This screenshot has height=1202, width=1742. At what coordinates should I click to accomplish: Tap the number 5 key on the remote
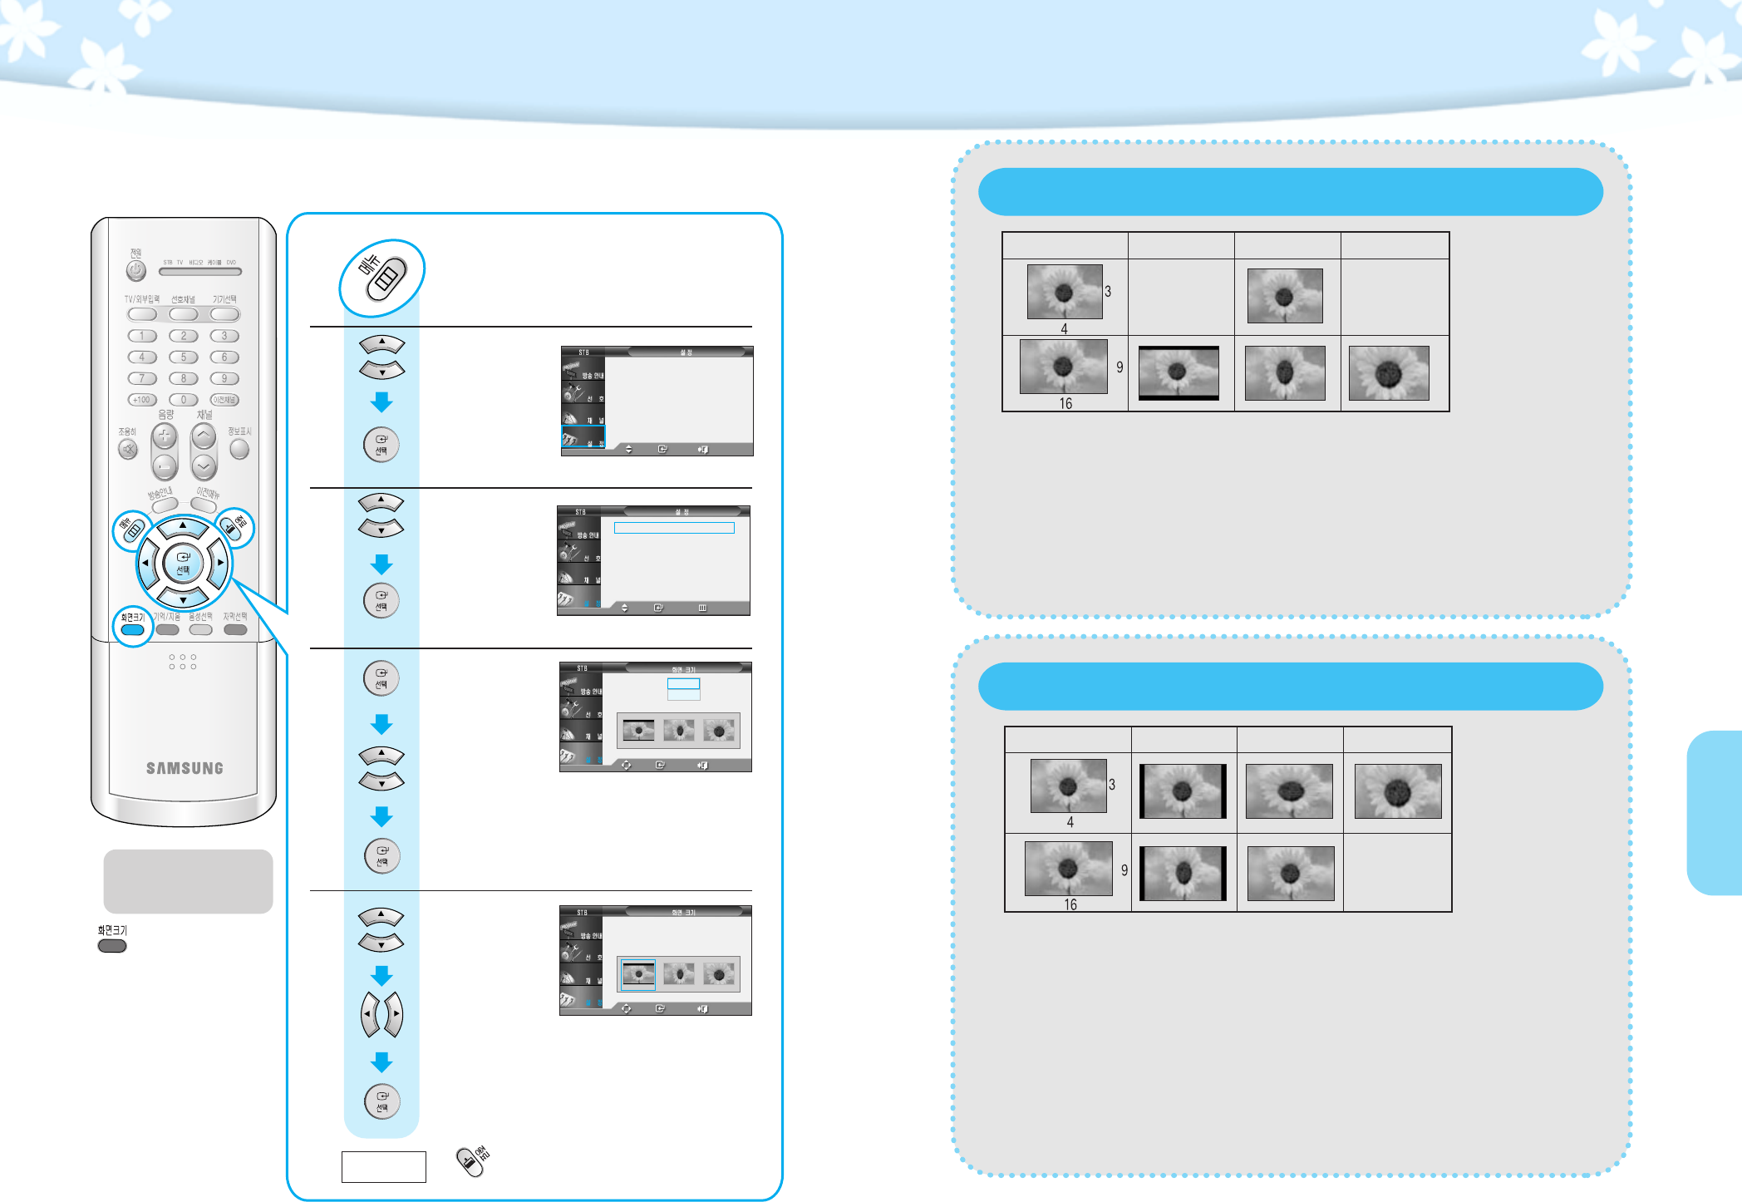pyautogui.click(x=184, y=357)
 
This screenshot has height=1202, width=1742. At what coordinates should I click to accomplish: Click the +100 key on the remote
pyautogui.click(x=142, y=400)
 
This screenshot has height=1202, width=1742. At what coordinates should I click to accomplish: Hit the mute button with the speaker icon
pyautogui.click(x=128, y=450)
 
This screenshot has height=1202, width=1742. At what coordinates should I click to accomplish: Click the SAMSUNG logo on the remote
pyautogui.click(x=185, y=768)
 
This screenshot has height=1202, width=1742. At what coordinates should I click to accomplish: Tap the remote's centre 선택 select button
pyautogui.click(x=183, y=563)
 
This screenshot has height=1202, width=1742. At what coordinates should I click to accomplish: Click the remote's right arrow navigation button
pyautogui.click(x=219, y=562)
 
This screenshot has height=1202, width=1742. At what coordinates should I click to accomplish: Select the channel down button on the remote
pyautogui.click(x=204, y=466)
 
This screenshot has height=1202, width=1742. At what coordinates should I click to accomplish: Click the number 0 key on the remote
pyautogui.click(x=184, y=400)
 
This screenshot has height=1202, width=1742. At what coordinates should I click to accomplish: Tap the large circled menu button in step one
pyautogui.click(x=382, y=278)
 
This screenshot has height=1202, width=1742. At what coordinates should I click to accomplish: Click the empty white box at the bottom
pyautogui.click(x=383, y=1166)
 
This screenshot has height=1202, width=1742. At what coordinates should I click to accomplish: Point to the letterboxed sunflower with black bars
pyautogui.click(x=1179, y=373)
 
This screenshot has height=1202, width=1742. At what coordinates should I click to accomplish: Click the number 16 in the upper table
pyautogui.click(x=1065, y=404)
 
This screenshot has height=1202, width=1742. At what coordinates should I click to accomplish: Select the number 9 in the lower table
pyautogui.click(x=1124, y=870)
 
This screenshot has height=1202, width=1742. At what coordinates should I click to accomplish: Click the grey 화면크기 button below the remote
pyautogui.click(x=112, y=946)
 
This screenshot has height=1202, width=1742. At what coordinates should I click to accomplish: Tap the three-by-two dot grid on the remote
pyautogui.click(x=183, y=662)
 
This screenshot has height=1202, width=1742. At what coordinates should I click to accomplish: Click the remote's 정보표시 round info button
pyautogui.click(x=239, y=449)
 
